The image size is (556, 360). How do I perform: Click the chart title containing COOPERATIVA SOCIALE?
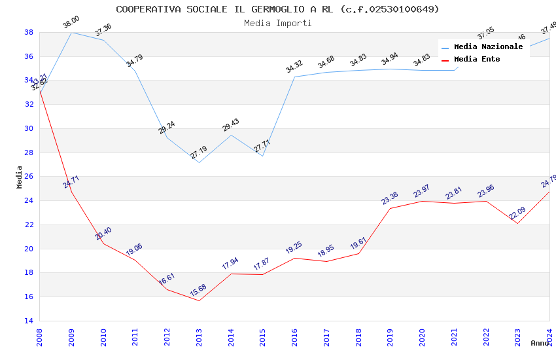pyautogui.click(x=277, y=9)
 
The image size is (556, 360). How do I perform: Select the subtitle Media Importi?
pyautogui.click(x=277, y=23)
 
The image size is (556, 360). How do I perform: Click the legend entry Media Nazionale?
pyautogui.click(x=488, y=46)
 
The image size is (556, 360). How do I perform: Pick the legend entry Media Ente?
pyautogui.click(x=477, y=59)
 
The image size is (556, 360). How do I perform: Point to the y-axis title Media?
pyautogui.click(x=20, y=177)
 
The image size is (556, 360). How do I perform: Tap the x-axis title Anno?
pyautogui.click(x=540, y=343)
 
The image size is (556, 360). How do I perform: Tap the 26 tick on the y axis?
pyautogui.click(x=29, y=177)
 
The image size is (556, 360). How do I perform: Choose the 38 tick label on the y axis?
pyautogui.click(x=29, y=32)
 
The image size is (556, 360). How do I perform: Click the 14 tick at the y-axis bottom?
pyautogui.click(x=29, y=321)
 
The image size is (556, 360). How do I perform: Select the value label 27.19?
pyautogui.click(x=198, y=153)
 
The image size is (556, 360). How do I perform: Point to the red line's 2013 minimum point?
pyautogui.click(x=199, y=300)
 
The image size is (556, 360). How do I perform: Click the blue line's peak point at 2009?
pyautogui.click(x=71, y=32)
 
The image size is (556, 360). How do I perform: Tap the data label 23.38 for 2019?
pyautogui.click(x=390, y=198)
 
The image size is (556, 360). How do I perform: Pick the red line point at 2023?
pyautogui.click(x=517, y=223)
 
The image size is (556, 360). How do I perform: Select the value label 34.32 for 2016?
pyautogui.click(x=294, y=67)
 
